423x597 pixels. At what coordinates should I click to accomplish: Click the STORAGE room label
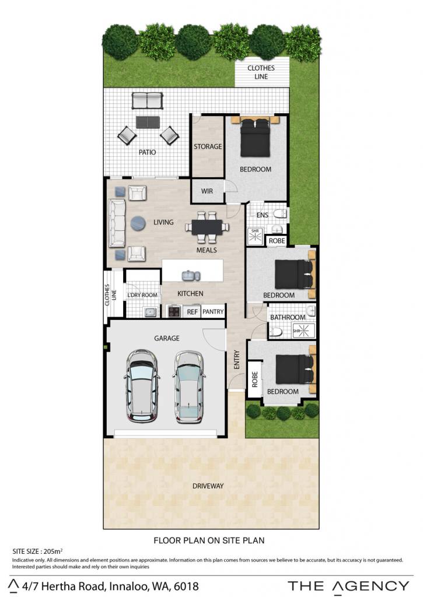click(x=208, y=146)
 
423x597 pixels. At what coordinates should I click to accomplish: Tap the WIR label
click(x=207, y=191)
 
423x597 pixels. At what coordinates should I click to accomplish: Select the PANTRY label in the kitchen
click(x=213, y=311)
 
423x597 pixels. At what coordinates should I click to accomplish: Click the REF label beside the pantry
click(x=193, y=312)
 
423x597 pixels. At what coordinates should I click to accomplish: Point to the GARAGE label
click(x=167, y=338)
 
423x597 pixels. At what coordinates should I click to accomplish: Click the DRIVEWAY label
click(x=208, y=486)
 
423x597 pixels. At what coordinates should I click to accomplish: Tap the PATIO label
click(x=147, y=152)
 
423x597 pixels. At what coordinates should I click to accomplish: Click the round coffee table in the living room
click(x=138, y=223)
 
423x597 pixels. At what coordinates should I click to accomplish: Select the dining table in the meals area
click(x=207, y=227)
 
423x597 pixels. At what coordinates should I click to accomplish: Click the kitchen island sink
click(x=191, y=275)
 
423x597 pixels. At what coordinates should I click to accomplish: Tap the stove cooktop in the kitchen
click(x=174, y=311)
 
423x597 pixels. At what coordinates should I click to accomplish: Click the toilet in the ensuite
click(x=281, y=213)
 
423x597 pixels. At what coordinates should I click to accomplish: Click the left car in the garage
click(x=142, y=385)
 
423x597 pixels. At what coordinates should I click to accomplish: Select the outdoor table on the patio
click(x=148, y=122)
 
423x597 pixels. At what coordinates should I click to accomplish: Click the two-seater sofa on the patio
click(x=148, y=100)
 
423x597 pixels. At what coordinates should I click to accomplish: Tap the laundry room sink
click(x=151, y=312)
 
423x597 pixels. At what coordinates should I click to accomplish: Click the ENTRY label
click(x=237, y=359)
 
